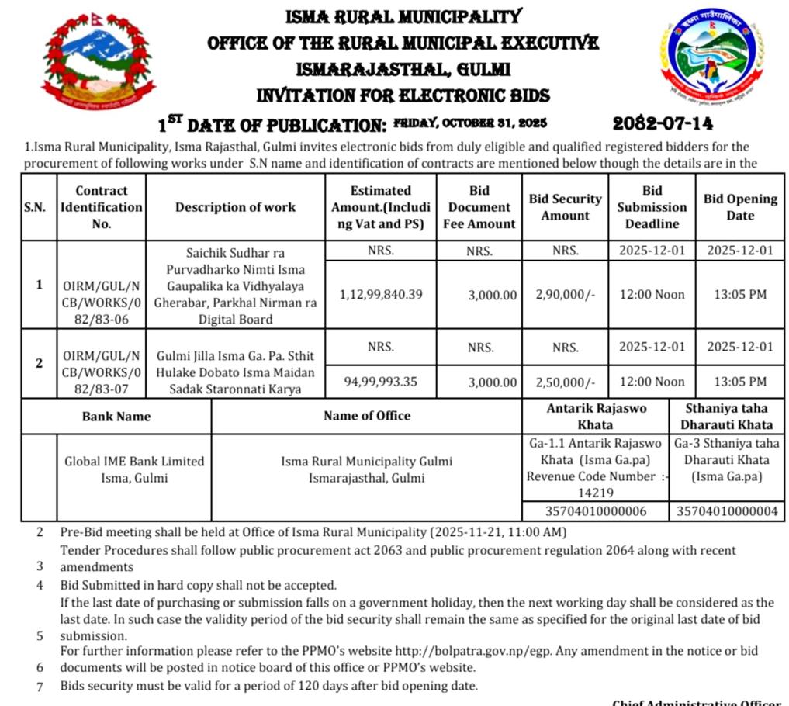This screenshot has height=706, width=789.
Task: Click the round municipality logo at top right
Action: coord(711,64)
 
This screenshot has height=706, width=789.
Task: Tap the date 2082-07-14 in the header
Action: coord(663,123)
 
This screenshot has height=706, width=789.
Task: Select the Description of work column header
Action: coord(235,207)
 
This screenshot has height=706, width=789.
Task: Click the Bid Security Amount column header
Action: coord(565,207)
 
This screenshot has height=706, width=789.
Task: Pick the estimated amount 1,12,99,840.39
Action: coord(381,295)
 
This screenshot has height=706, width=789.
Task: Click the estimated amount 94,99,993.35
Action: coord(381,381)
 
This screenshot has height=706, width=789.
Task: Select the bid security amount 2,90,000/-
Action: coord(566,295)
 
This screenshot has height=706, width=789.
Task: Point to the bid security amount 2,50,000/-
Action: coord(566,381)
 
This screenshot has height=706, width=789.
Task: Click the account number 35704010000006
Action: coord(596,511)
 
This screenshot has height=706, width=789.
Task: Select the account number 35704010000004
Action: coord(727,511)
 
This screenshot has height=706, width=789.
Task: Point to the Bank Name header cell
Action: coord(116,417)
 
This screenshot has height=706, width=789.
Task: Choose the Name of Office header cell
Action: coord(367,416)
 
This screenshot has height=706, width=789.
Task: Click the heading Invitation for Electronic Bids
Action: coord(403,96)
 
